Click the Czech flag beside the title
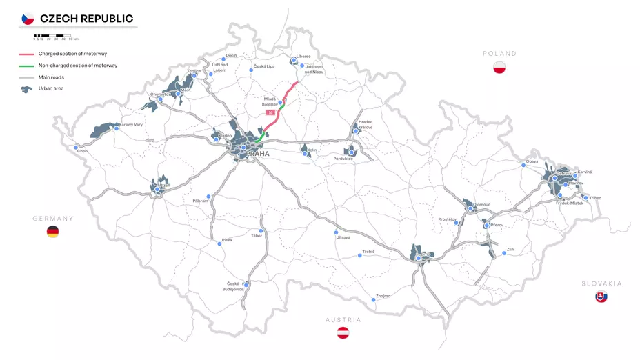(x=28, y=19)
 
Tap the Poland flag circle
(x=500, y=68)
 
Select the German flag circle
(x=52, y=232)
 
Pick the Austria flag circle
(x=343, y=333)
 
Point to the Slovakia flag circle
(x=601, y=297)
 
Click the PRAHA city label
(x=258, y=154)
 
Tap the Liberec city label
(x=303, y=56)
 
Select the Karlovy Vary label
(x=131, y=125)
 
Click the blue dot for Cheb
(x=76, y=147)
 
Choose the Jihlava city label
(x=343, y=237)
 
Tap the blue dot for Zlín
(x=505, y=253)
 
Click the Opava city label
(x=532, y=161)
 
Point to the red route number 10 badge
(x=270, y=112)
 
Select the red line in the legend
(x=27, y=54)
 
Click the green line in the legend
(x=27, y=66)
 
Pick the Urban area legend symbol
(x=27, y=89)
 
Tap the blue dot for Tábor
(x=261, y=231)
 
